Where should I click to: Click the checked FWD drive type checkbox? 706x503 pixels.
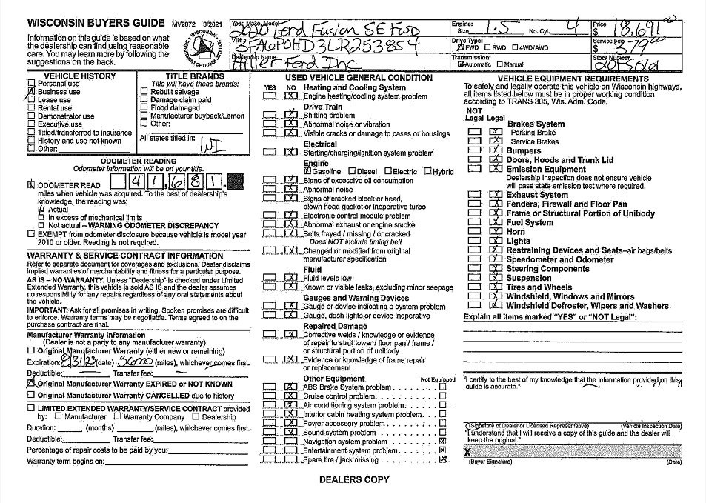point(456,47)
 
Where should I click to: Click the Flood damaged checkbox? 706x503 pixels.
point(144,108)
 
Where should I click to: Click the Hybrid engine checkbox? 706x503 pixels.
point(428,172)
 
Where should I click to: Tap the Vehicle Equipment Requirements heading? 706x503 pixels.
point(573,79)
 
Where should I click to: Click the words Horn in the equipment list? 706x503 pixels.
point(516,232)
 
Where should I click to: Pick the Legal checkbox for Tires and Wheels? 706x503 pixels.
point(496,287)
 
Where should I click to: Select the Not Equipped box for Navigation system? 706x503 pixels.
point(442,442)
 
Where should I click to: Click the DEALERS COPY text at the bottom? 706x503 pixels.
point(354,480)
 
